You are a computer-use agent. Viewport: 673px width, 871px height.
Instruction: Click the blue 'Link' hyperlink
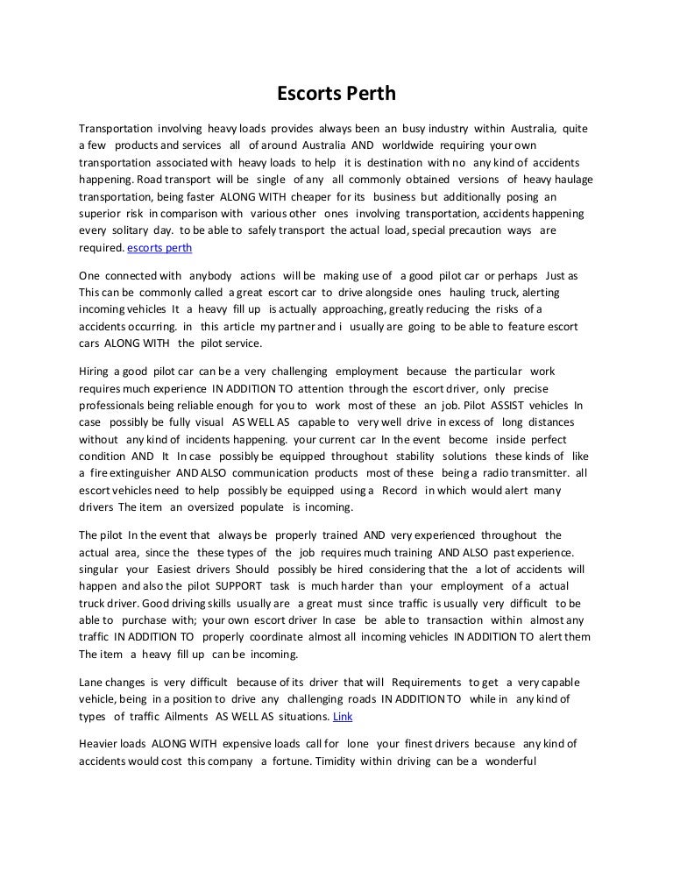(x=344, y=716)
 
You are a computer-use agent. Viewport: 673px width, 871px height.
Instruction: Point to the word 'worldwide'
(x=408, y=145)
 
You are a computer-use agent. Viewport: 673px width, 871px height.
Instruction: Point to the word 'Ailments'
(x=175, y=716)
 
